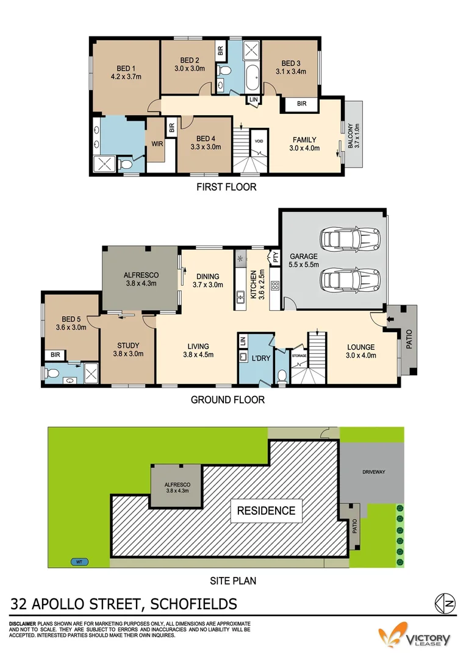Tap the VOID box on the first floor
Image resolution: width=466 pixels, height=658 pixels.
pos(259,140)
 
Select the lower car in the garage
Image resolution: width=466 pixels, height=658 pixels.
pos(342,279)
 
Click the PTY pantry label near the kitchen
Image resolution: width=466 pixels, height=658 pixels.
pos(275,258)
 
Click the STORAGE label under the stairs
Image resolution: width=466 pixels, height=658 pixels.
pos(299,355)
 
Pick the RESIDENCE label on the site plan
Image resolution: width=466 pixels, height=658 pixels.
pos(266,511)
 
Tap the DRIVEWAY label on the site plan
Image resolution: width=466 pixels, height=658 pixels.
pos(373,472)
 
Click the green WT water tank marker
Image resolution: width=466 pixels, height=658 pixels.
pos(78,562)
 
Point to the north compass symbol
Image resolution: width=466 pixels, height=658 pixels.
pos(445,603)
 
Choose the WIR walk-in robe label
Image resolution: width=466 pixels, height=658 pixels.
pos(156,144)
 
